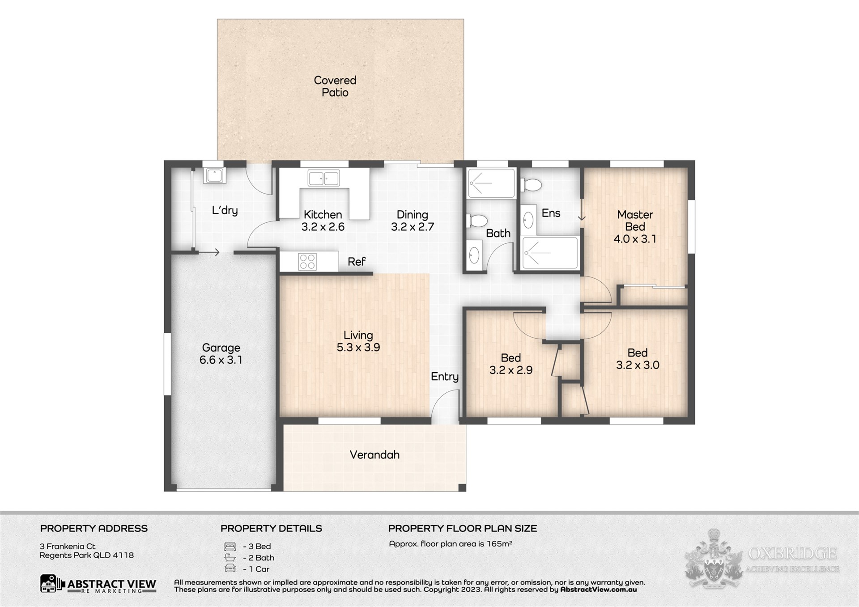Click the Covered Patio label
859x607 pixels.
(335, 86)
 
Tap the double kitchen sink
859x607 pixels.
(323, 178)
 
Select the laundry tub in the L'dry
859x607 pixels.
(215, 175)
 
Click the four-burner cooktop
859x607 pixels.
(307, 262)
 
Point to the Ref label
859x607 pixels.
(357, 262)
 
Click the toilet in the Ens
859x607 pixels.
(531, 185)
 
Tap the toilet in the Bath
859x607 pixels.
(477, 221)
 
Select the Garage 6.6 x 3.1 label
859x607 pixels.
(221, 354)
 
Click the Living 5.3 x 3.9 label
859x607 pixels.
(358, 341)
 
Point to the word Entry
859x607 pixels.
(445, 377)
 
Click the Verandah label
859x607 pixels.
(374, 455)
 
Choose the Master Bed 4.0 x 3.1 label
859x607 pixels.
(635, 227)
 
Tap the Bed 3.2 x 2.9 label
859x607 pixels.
(511, 364)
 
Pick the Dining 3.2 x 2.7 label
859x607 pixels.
(412, 221)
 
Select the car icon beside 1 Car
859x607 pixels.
(230, 569)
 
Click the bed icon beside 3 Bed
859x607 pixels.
(230, 546)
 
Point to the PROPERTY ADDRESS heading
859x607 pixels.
(94, 528)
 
